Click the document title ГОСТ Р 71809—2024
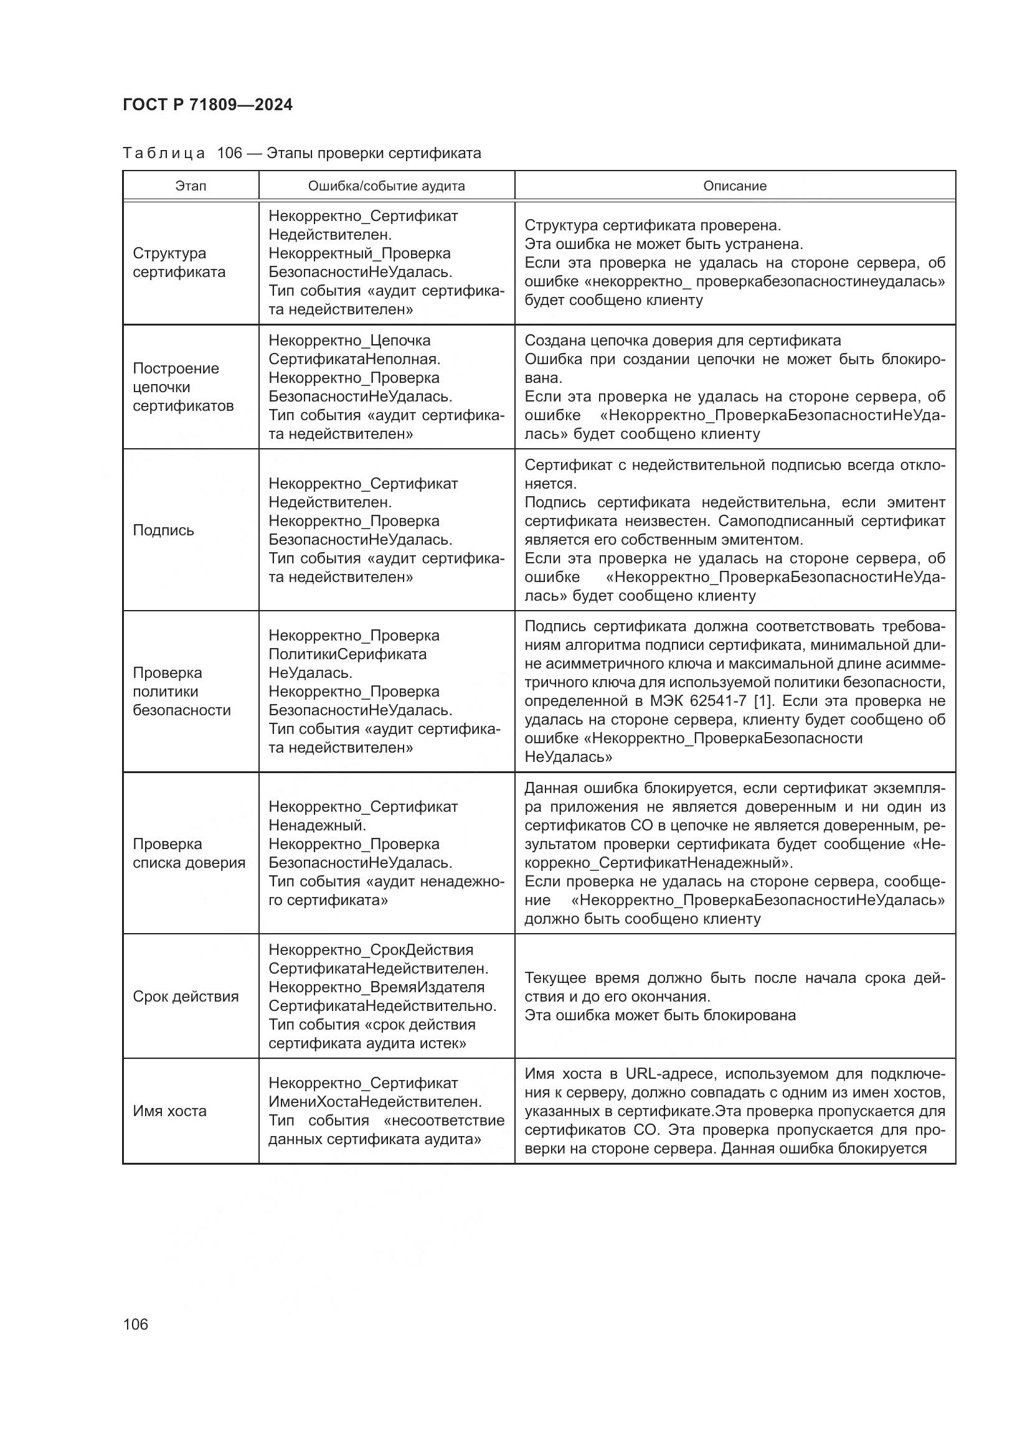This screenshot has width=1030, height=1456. pos(207,105)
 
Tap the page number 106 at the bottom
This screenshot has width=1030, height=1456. pos(136,1324)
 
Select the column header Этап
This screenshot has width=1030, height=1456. pos(191,186)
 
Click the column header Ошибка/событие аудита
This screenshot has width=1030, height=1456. pos(386,186)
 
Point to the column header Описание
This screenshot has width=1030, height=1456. pos(734,186)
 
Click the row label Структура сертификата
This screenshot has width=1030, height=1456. pos(179,263)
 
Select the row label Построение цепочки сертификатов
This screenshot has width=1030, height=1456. pos(182,387)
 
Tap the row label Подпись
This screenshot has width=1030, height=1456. pos(163,530)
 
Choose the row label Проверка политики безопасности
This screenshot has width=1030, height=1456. pos(181,691)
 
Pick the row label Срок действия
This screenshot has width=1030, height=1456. pos(185,996)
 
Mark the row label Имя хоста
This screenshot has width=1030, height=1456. pos(169,1111)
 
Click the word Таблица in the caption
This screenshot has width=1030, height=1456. pos(164,154)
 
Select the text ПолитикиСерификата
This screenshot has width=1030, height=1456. pos(347,654)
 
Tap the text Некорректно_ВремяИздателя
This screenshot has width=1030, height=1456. pos(376,987)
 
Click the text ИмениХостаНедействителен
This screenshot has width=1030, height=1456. pos(375,1102)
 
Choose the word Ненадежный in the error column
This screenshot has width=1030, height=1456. pos(316,825)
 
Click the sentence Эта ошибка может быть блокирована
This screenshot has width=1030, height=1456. pos(659,1015)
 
